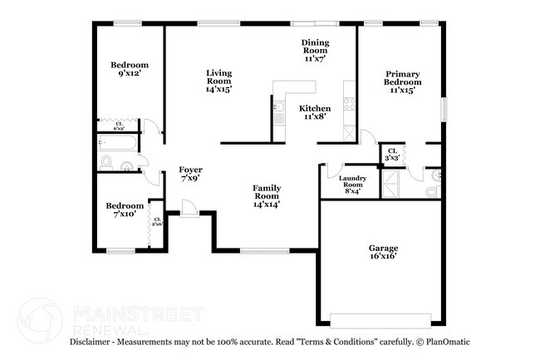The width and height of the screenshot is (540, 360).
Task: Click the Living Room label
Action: coord(218,81)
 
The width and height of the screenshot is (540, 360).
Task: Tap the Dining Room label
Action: coord(313,50)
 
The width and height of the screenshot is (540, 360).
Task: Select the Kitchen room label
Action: coord(316,112)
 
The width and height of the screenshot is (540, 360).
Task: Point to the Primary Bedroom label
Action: coord(401,81)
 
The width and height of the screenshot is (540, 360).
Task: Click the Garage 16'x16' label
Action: coord(383,252)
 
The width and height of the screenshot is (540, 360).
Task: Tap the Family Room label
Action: coord(267,195)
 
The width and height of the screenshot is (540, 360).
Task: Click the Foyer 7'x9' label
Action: coord(190,174)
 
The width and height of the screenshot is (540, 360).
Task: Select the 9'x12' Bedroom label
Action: coord(129,69)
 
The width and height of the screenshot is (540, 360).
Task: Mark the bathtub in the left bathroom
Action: coord(118,143)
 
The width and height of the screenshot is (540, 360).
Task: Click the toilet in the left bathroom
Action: coord(106,161)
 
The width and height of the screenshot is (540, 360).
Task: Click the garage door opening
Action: coord(382,320)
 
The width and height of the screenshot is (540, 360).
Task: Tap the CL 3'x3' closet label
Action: coord(391,154)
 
